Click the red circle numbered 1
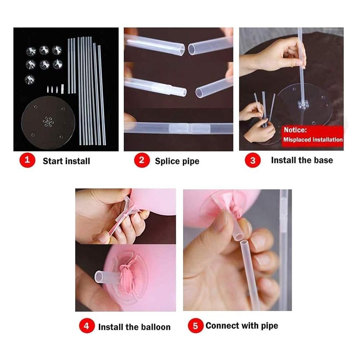(27, 160)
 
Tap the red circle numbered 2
(142, 160)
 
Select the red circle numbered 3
(252, 160)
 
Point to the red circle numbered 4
(87, 325)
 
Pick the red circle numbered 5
(195, 325)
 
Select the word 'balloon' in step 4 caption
(156, 327)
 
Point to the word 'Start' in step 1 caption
(53, 161)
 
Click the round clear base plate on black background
(48, 122)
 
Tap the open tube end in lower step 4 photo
(99, 277)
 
